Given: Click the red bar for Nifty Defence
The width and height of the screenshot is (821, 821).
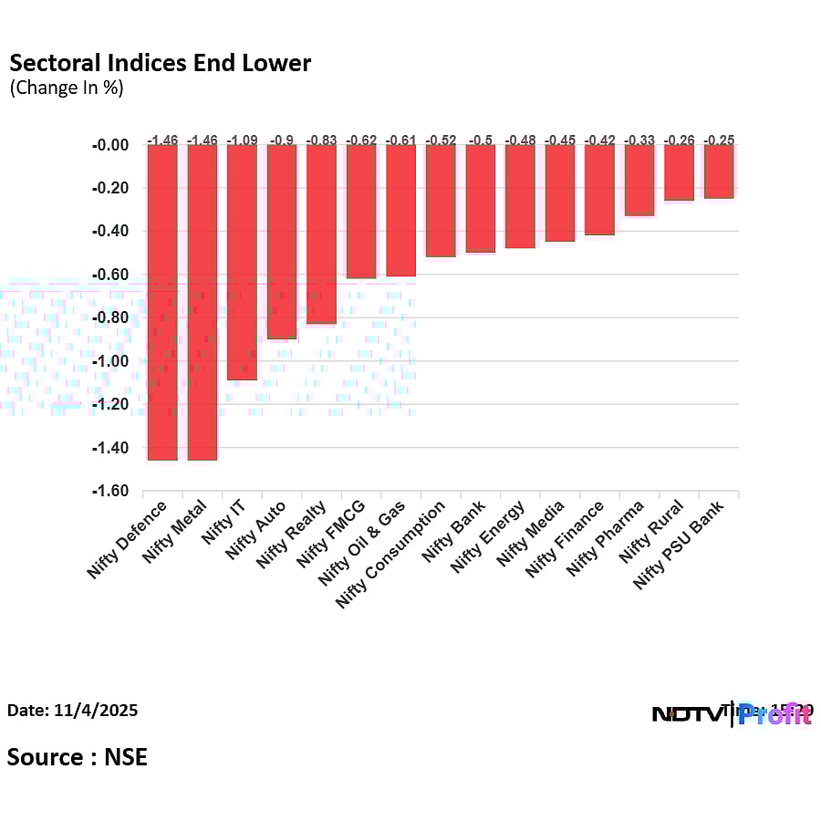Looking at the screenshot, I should click(x=162, y=302).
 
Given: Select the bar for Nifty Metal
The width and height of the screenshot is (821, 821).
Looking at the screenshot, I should click(x=202, y=302).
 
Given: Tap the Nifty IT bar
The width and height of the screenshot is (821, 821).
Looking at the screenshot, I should click(x=242, y=262).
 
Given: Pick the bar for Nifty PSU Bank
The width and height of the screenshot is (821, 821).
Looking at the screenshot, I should click(x=718, y=171).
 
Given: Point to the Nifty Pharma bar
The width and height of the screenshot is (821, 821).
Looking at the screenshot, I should click(x=639, y=180).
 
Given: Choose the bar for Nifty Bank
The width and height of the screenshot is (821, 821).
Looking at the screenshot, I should click(x=480, y=198).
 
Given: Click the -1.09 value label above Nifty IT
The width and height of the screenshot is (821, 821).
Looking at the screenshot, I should click(x=242, y=140).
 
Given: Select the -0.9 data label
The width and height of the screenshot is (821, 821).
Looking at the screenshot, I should click(x=282, y=140).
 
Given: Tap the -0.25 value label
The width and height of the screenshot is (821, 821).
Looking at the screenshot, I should click(x=718, y=140).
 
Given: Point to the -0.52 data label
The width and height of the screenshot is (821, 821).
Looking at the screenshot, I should click(x=441, y=140).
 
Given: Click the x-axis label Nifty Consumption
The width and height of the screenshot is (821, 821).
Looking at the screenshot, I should click(x=392, y=554).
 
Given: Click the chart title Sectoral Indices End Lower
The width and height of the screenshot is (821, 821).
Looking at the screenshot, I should click(x=160, y=63).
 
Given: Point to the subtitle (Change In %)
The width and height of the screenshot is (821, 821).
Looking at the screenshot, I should click(x=66, y=88).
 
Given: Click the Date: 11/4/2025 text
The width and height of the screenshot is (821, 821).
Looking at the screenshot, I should click(x=73, y=710).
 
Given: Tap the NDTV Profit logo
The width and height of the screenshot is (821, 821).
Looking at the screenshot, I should click(x=730, y=713).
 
